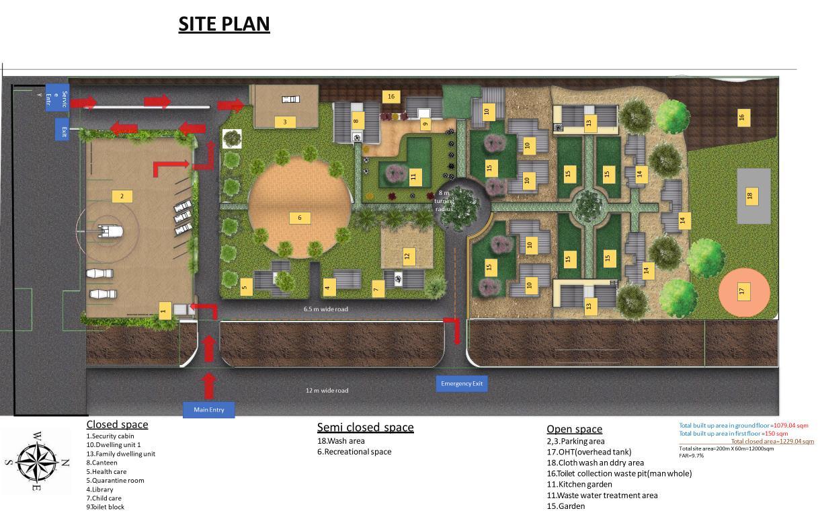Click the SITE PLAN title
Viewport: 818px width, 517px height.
click(x=224, y=24)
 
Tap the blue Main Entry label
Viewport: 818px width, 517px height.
click(x=208, y=409)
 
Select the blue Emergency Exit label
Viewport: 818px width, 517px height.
click(x=461, y=384)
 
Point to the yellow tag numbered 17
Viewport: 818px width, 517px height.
click(x=743, y=291)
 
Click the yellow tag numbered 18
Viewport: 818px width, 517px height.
click(x=750, y=196)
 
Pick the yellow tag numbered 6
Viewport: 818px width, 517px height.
click(x=300, y=218)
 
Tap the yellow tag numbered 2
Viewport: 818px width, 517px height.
click(x=122, y=196)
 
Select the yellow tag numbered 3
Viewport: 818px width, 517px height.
click(x=284, y=122)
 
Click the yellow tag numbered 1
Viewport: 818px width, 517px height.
click(x=163, y=310)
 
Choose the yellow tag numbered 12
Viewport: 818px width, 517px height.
click(x=407, y=256)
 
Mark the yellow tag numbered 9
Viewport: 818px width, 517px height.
click(x=425, y=124)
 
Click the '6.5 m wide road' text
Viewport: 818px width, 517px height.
click(x=325, y=309)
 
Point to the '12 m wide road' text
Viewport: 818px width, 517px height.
click(x=327, y=391)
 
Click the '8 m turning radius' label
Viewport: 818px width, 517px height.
click(x=444, y=200)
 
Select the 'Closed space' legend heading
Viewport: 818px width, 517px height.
click(x=117, y=424)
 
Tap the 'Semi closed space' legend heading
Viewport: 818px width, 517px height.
click(x=365, y=427)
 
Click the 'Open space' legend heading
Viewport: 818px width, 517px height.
click(x=574, y=429)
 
